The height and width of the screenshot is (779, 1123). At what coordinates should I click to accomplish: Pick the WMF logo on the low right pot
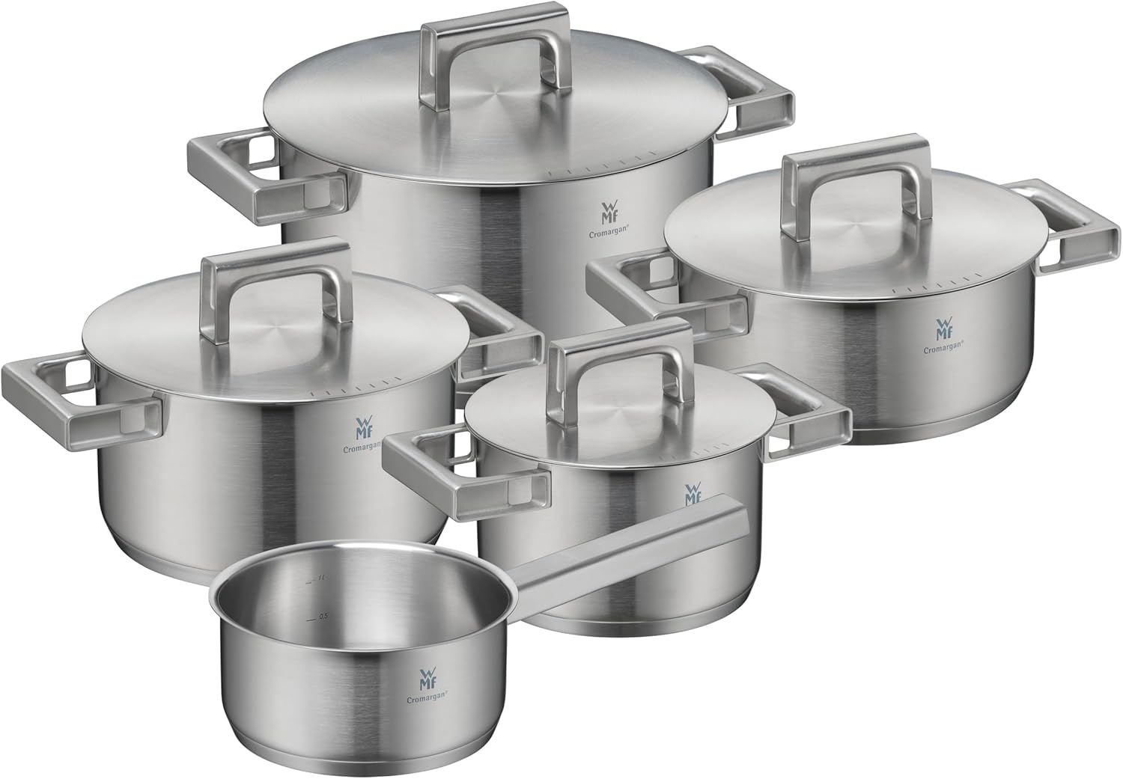(x=942, y=327)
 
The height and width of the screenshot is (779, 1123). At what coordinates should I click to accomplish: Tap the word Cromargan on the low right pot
(x=941, y=346)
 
